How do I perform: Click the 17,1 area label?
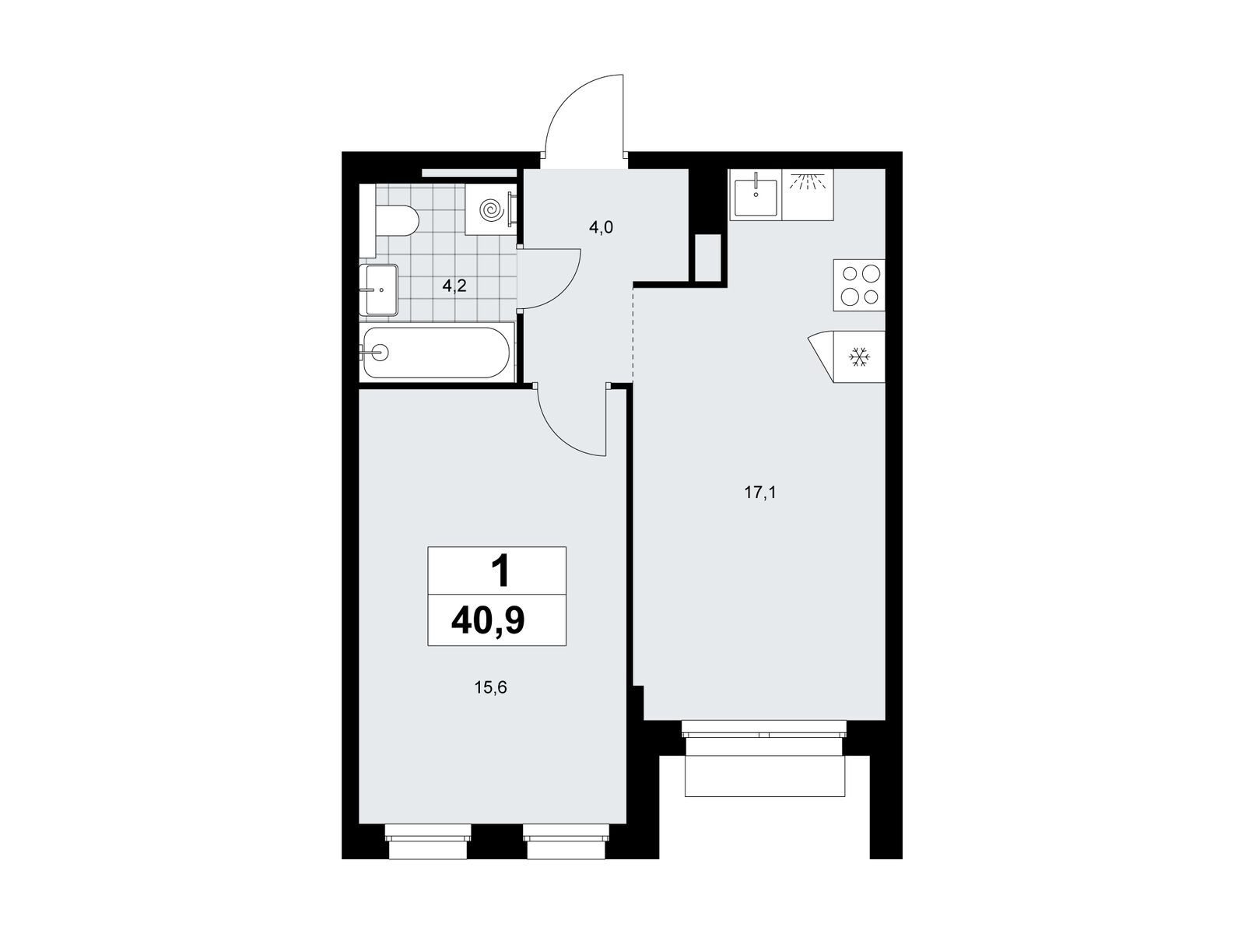[760, 493]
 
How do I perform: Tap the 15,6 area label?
[491, 688]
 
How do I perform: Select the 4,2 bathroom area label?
[454, 286]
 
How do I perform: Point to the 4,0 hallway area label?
[601, 228]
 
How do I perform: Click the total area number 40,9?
[488, 622]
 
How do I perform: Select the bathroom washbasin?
[379, 290]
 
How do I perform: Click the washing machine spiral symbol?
[491, 210]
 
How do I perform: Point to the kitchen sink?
[756, 195]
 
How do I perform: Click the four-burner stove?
[859, 285]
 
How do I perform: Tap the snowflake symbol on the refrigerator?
[859, 356]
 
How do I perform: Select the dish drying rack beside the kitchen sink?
[808, 195]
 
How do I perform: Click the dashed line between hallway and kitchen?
[633, 335]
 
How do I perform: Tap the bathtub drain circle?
[380, 352]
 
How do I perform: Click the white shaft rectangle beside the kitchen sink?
[708, 257]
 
